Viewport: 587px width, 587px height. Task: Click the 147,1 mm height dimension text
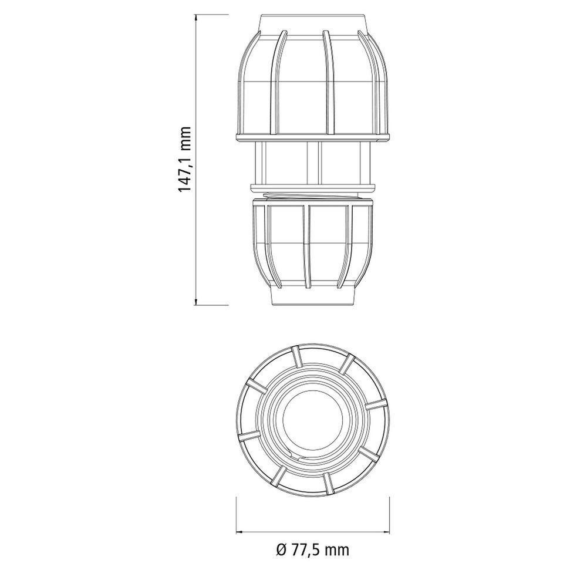[x=185, y=160]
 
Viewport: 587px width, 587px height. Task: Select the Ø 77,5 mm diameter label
[x=312, y=550]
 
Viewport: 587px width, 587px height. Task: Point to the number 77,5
[x=306, y=550]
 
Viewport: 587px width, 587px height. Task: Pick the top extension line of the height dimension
[x=211, y=16]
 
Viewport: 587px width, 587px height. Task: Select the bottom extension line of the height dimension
[x=211, y=305]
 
